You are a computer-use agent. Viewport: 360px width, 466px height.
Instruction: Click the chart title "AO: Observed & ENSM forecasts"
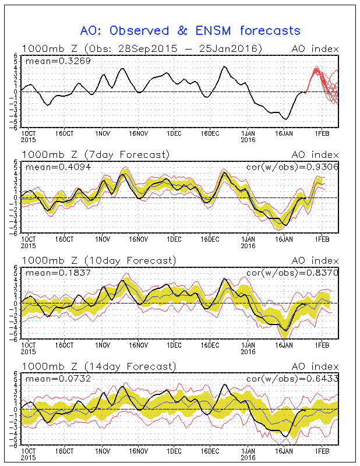(190, 30)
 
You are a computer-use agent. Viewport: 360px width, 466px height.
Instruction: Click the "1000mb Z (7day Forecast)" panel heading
(96, 154)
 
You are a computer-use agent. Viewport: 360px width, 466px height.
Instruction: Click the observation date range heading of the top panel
(142, 48)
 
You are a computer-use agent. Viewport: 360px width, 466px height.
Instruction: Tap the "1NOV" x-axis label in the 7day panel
(102, 239)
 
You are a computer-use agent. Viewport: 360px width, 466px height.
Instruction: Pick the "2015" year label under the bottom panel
(28, 457)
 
